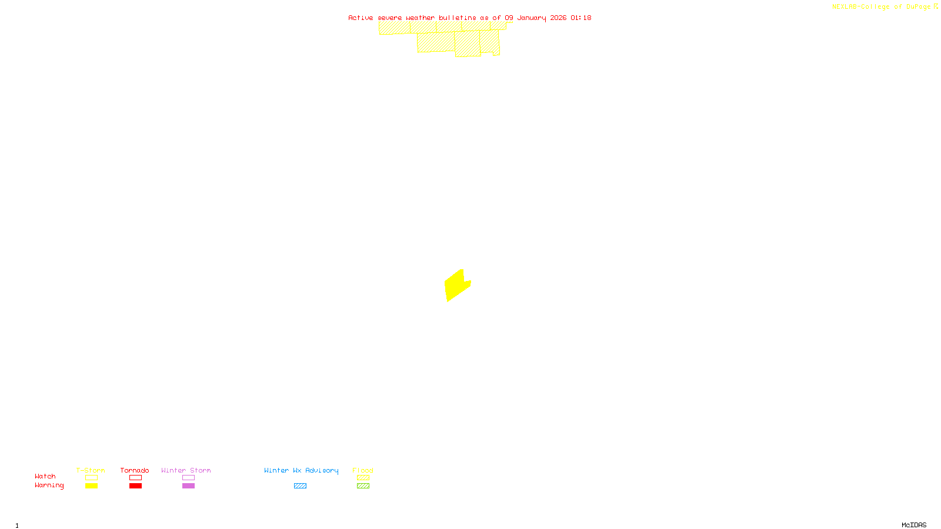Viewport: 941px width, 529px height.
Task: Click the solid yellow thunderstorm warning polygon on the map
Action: point(456,286)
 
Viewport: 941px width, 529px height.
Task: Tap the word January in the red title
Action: point(532,18)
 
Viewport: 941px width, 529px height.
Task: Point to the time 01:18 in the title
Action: point(581,18)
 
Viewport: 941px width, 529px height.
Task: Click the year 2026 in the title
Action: point(558,18)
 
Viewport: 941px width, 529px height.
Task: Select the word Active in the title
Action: point(361,18)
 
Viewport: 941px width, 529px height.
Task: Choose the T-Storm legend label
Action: point(91,470)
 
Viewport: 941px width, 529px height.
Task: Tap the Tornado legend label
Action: point(135,470)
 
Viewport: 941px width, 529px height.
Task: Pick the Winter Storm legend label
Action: point(186,470)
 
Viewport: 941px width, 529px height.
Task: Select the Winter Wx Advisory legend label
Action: point(301,470)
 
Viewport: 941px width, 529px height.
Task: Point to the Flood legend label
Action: point(363,470)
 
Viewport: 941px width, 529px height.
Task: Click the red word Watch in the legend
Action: point(45,476)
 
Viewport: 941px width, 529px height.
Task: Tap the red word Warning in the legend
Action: point(49,486)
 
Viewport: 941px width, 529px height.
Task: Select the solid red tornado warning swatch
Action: point(135,486)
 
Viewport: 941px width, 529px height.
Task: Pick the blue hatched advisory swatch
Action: point(300,486)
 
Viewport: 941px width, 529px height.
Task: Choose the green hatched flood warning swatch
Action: point(363,486)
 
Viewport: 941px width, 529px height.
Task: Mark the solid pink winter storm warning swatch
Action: point(188,486)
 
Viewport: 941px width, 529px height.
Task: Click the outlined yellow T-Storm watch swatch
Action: point(91,478)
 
